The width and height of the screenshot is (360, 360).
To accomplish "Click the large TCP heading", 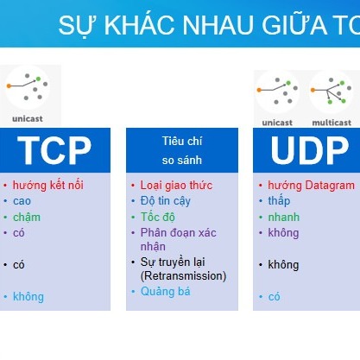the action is click(54, 150).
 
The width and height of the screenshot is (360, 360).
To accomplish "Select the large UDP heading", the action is click(309, 150).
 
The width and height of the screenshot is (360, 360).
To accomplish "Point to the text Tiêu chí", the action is click(182, 141).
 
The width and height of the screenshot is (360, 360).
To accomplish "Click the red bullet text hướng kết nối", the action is click(48, 185).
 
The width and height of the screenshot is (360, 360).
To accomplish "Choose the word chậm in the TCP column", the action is click(27, 217).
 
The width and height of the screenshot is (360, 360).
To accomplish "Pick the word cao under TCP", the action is click(22, 201).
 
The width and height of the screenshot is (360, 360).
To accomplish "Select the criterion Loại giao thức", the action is click(176, 186).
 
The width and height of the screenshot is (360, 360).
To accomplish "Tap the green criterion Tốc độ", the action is click(158, 217).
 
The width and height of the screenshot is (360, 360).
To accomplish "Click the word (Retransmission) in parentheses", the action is click(183, 276).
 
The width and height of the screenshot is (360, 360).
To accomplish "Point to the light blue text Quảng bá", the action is click(166, 292).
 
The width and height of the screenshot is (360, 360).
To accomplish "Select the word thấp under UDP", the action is click(279, 201).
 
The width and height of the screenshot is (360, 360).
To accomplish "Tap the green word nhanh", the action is click(284, 217).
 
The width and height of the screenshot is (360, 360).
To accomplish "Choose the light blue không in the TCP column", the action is click(28, 297).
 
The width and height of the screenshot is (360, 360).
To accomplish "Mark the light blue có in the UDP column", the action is click(274, 297).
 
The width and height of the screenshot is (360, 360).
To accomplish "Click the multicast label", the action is click(332, 123).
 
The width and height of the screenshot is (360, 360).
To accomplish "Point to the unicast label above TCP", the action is click(28, 118).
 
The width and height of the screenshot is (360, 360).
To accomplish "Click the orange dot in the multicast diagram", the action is click(313, 90).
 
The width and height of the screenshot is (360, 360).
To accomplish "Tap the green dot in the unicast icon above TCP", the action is click(38, 79).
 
